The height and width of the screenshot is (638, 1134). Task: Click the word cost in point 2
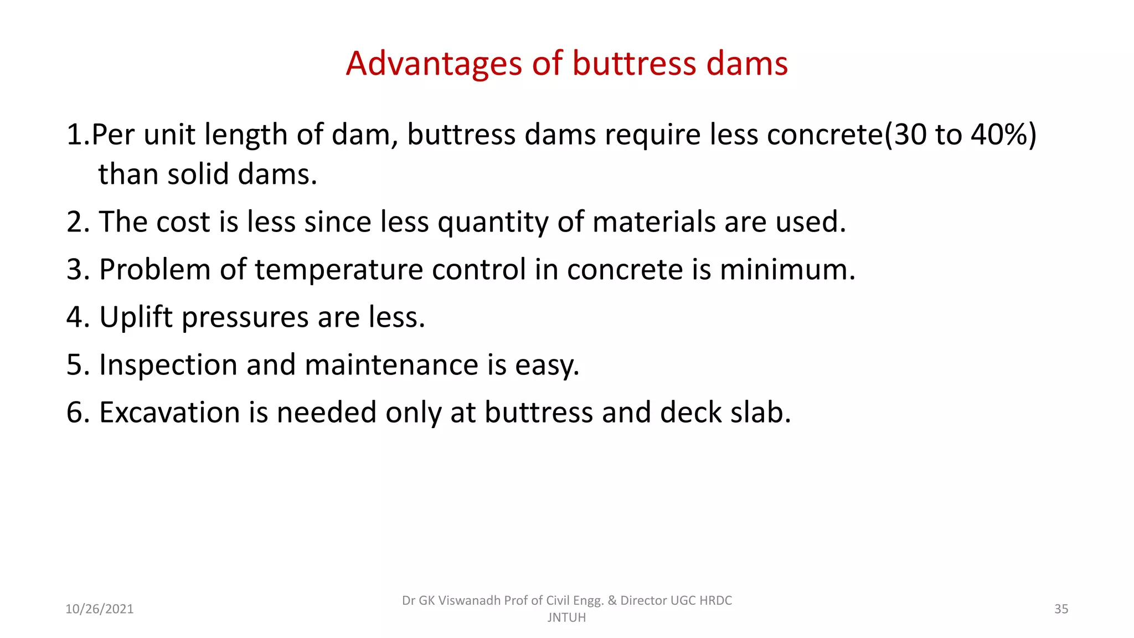tap(183, 222)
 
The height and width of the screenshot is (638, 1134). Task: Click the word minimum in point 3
tap(787, 270)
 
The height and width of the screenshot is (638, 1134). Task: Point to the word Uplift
tap(136, 318)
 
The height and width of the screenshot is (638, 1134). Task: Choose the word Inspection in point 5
tap(168, 366)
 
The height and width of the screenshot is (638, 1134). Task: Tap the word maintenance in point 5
tap(391, 365)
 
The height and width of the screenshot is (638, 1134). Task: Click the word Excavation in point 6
tap(169, 413)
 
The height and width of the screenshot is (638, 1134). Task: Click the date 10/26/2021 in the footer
tap(100, 609)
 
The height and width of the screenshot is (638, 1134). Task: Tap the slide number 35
tap(1061, 609)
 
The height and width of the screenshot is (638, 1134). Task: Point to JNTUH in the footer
tap(566, 618)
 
